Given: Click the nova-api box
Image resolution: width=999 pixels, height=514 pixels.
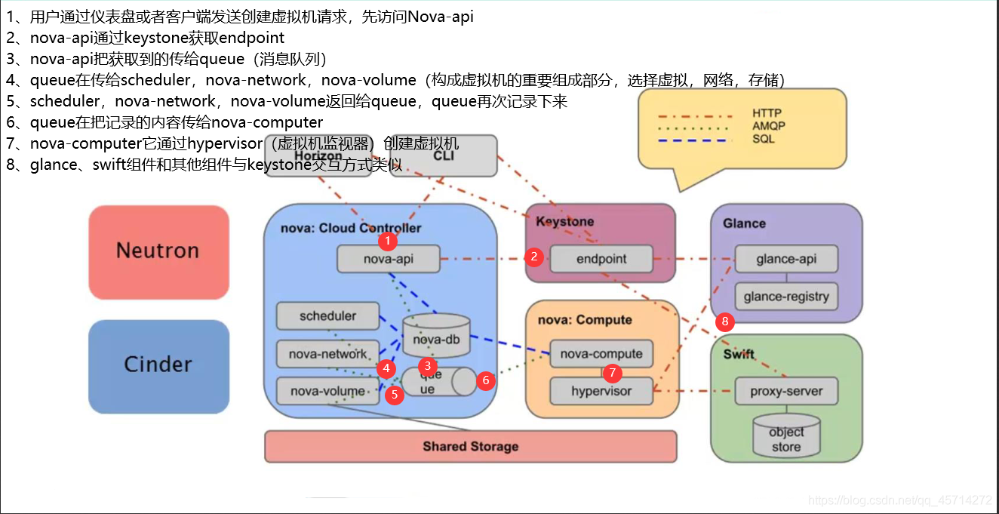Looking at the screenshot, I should click(388, 260).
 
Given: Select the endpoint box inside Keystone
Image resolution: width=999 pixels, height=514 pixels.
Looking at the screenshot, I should click(601, 259).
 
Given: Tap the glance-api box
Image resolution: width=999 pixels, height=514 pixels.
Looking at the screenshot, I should click(786, 259).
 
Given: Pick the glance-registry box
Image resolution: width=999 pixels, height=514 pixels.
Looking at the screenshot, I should click(786, 297).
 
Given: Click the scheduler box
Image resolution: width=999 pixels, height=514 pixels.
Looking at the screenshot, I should click(327, 316).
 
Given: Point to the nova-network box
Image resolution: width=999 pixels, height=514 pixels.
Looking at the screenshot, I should click(327, 354).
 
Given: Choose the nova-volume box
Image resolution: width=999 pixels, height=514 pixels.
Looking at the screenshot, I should click(327, 391).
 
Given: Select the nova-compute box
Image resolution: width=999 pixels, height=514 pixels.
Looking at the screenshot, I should click(601, 354).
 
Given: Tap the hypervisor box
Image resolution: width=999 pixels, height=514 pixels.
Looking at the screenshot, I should click(601, 391).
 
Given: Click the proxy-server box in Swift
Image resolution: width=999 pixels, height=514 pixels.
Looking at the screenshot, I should click(786, 391).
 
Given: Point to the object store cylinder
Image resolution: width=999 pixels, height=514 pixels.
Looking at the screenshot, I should click(786, 436).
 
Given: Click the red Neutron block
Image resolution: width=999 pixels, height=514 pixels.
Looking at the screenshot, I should click(158, 251).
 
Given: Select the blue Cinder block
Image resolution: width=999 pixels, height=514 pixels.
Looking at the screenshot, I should click(158, 365).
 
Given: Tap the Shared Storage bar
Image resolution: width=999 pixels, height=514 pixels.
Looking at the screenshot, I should click(470, 446).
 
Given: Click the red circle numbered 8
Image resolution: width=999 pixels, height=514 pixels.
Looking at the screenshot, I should click(725, 322).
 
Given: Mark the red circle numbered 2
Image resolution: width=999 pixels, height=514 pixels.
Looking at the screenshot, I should click(534, 257).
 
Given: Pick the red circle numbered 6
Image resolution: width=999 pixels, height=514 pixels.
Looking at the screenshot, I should click(486, 380).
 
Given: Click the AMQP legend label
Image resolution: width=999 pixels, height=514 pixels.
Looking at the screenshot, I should click(768, 126).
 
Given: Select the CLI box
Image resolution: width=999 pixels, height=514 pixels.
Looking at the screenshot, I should click(444, 155).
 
